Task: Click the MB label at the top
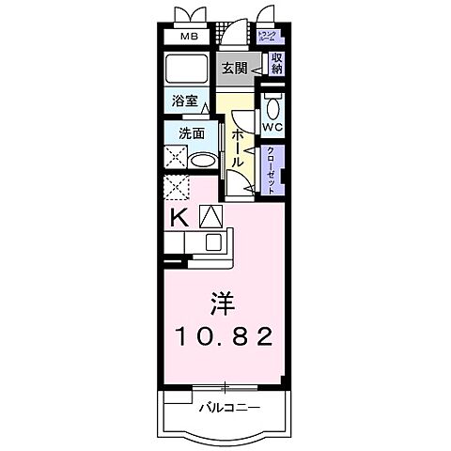tap(189, 39)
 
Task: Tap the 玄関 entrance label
tap(236, 68)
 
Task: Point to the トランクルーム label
tap(268, 38)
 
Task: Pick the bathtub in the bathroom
tap(189, 69)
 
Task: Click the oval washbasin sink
tap(201, 160)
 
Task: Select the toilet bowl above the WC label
tap(272, 104)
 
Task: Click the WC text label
tap(272, 127)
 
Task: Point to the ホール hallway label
tap(239, 149)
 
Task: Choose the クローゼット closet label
tap(272, 170)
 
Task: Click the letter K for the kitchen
tap(178, 217)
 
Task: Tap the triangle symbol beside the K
tap(209, 216)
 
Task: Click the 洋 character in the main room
tap(222, 303)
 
